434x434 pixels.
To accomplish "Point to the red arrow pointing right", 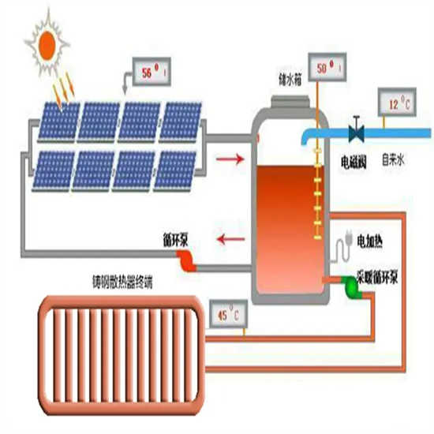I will (x=229, y=161).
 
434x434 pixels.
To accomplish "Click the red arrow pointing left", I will (x=229, y=238).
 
